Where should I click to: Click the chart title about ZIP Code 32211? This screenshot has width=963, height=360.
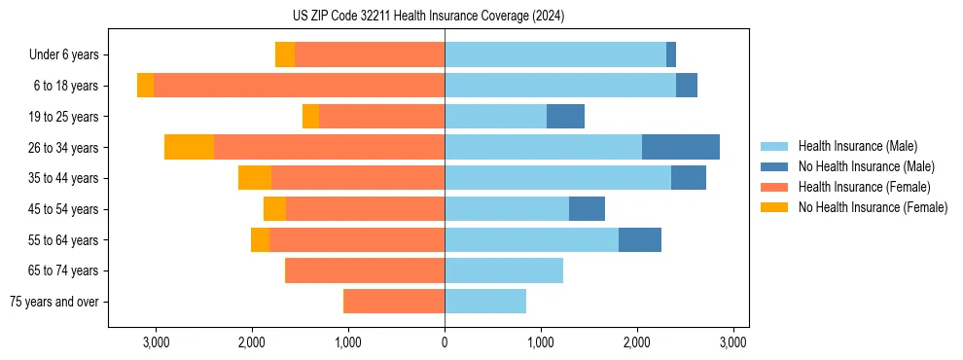coord(428,17)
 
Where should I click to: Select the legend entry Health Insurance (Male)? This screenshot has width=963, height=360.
coord(857,146)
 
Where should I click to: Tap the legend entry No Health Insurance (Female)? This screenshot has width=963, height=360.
coord(873,207)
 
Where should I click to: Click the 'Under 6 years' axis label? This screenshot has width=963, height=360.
coord(64,55)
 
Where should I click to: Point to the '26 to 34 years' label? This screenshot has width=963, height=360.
coord(65,148)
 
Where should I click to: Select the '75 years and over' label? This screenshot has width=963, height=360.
coord(54,302)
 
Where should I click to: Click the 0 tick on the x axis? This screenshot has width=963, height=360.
coord(445,342)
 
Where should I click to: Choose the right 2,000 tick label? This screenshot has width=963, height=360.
coord(637,342)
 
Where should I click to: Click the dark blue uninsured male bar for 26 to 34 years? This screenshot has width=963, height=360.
coord(680,147)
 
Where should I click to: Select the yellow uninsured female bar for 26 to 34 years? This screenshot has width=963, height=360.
coord(189,147)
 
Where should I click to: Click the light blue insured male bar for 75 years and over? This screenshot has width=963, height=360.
coord(485,302)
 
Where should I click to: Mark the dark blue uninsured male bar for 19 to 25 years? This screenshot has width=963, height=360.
coord(565,117)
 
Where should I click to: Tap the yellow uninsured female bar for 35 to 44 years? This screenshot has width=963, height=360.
coord(255,178)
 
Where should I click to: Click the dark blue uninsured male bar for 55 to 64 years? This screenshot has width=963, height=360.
coord(640,239)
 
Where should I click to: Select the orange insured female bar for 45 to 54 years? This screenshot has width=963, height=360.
coord(365,209)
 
